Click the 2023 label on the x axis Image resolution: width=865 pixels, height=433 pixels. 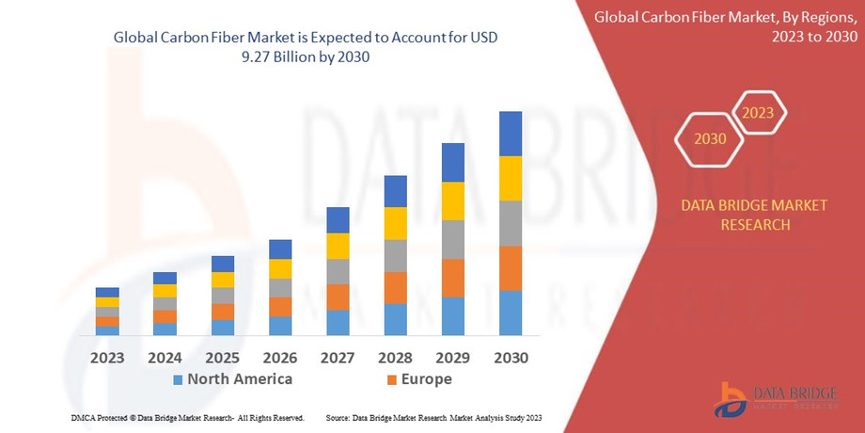coord(107,358)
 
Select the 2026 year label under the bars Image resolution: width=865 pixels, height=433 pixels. coord(280,358)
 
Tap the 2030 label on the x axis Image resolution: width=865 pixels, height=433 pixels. coord(511,358)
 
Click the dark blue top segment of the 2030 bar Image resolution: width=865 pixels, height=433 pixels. coord(511,134)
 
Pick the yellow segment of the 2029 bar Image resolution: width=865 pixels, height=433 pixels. coord(453,200)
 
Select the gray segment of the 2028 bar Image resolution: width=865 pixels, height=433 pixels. coord(396,255)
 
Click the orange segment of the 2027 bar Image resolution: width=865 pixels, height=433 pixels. coord(338,297)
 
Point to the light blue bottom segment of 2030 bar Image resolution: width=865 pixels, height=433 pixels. coord(511,313)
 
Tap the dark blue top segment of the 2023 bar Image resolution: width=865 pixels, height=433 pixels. coord(107,292)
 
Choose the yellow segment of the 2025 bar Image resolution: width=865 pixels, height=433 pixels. coord(223,280)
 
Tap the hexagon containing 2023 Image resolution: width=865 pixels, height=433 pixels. coord(758,113)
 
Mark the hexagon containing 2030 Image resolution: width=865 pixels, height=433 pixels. coord(710,138)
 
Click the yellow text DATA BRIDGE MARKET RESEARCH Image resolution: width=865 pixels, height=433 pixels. coord(755,216)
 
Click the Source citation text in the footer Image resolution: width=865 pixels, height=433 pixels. coord(433,417)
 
